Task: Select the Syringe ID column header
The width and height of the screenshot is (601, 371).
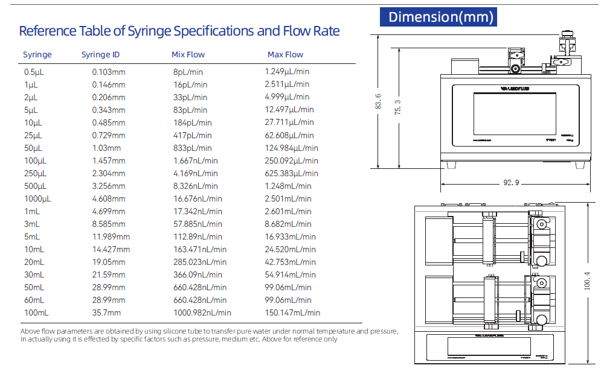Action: pyautogui.click(x=100, y=55)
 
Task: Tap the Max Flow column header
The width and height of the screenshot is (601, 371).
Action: pyautogui.click(x=285, y=55)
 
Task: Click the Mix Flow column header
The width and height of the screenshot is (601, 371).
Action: pyautogui.click(x=188, y=55)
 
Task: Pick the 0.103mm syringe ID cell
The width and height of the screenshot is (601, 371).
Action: pyautogui.click(x=109, y=72)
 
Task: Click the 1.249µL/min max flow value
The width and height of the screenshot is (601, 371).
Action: pyautogui.click(x=287, y=72)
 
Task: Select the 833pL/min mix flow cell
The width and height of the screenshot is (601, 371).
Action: pyautogui.click(x=192, y=148)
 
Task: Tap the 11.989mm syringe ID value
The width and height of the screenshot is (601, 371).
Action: pyautogui.click(x=111, y=236)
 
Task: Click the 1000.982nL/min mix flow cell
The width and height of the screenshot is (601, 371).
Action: pyautogui.click(x=202, y=312)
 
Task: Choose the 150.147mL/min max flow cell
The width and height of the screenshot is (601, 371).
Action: pyautogui.click(x=292, y=312)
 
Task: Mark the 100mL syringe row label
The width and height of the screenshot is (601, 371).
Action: pyautogui.click(x=36, y=312)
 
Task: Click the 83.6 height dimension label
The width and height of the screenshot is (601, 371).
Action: pyautogui.click(x=378, y=102)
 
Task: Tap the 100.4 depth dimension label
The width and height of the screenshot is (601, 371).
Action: pyautogui.click(x=587, y=280)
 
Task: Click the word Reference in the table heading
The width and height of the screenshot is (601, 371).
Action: pyautogui.click(x=47, y=31)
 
